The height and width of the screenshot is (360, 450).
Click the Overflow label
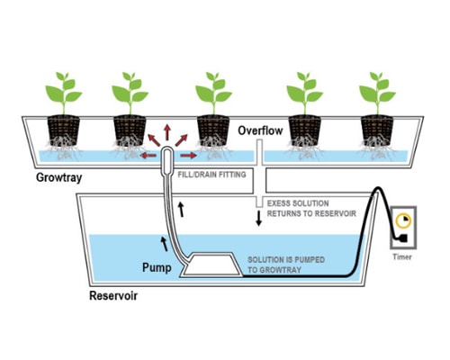point(260,130)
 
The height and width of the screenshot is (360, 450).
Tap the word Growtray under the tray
point(59,177)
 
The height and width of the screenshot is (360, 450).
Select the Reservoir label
point(113,296)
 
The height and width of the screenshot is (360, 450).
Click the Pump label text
point(157,267)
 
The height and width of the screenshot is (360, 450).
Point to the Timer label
point(402,256)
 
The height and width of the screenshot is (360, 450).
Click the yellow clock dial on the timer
point(403,220)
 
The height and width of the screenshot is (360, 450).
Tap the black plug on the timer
point(402,238)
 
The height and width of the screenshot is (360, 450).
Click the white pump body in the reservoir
point(211,265)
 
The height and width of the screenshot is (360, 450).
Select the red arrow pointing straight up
point(167,132)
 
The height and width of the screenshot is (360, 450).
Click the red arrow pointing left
point(148,156)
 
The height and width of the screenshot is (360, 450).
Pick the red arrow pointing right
point(189,156)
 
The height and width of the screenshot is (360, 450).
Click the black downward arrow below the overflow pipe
point(258,218)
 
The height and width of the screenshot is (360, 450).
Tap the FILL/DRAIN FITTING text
point(211,175)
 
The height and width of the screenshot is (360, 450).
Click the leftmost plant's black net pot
point(64,130)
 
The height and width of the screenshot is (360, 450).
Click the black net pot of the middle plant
point(213,130)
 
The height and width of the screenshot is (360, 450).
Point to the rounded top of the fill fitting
point(167,148)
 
